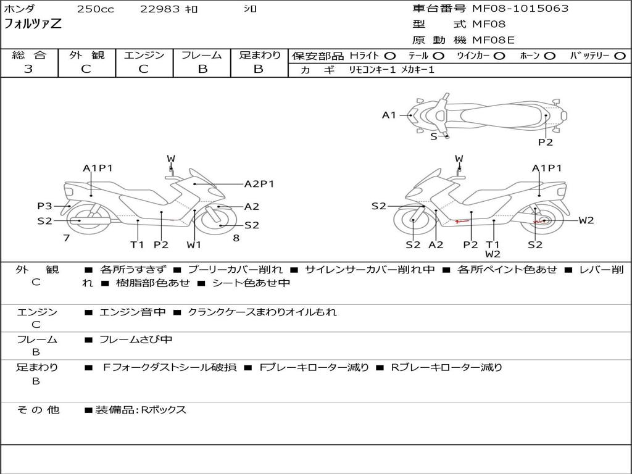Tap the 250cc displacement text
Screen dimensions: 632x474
click(x=95, y=9)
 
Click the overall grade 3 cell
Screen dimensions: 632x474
click(x=28, y=69)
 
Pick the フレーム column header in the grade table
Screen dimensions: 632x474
click(x=202, y=56)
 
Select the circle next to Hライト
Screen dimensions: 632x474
click(x=389, y=56)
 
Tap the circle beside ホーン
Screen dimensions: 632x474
click(x=550, y=56)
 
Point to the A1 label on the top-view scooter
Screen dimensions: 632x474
click(x=389, y=115)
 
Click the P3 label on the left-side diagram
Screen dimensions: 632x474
click(x=44, y=206)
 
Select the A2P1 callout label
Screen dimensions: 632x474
click(x=259, y=183)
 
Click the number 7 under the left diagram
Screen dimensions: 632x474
click(x=66, y=238)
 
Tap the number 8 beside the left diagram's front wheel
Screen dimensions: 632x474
click(x=236, y=238)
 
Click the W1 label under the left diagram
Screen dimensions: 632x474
click(x=194, y=244)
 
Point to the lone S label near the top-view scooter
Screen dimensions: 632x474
click(x=433, y=136)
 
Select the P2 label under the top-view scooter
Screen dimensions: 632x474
click(x=546, y=142)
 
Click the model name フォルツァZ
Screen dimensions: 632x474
click(x=33, y=25)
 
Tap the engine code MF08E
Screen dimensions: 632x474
click(x=494, y=40)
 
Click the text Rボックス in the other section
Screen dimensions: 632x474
click(x=164, y=410)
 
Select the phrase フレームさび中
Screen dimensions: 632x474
click(x=136, y=339)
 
